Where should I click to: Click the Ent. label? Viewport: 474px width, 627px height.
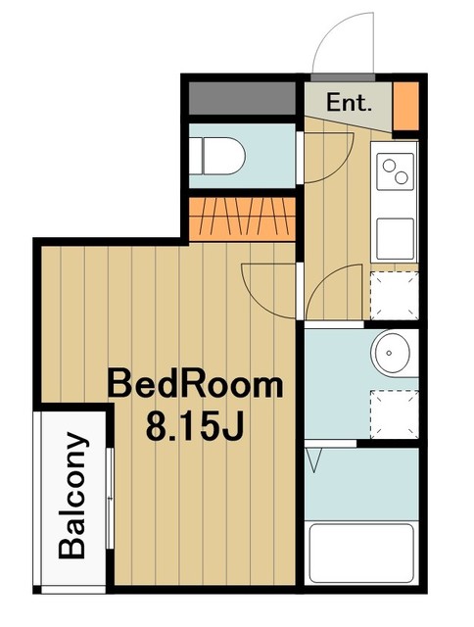click(x=348, y=101)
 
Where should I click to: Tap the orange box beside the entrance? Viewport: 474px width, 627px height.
click(x=404, y=107)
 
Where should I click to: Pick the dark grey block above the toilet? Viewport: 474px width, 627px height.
click(x=240, y=99)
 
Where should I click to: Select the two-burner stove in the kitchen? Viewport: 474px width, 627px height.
click(x=397, y=172)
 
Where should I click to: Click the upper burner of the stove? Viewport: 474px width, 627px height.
click(x=390, y=164)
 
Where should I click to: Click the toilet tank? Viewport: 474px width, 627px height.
click(x=199, y=155)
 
